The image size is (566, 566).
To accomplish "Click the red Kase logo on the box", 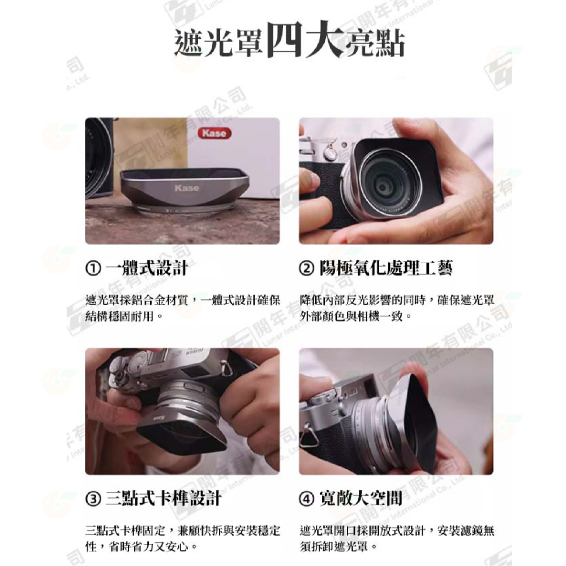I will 214,134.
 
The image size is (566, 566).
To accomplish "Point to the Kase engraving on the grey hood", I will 187,188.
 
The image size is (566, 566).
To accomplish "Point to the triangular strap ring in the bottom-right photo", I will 310,436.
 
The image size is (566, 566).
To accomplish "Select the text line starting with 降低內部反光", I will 396,299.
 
